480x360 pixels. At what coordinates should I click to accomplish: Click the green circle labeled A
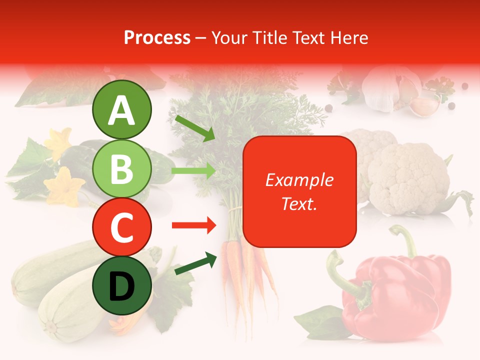[121, 109]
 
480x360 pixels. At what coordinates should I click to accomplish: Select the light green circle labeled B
[121, 168]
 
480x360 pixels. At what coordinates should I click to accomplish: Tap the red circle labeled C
[121, 226]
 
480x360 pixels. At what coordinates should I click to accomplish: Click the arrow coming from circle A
[194, 127]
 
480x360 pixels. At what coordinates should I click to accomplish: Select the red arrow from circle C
[193, 225]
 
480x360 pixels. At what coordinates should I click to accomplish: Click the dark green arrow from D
[195, 264]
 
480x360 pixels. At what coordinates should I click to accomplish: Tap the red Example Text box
[299, 192]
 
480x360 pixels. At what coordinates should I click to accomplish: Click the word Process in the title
[157, 37]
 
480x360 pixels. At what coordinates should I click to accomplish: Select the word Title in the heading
[269, 37]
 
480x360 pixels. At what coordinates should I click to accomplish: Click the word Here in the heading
[348, 37]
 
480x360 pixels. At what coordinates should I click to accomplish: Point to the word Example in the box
[299, 180]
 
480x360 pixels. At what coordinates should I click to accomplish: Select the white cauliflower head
[407, 175]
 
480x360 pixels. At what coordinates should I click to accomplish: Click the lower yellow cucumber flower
[64, 186]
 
